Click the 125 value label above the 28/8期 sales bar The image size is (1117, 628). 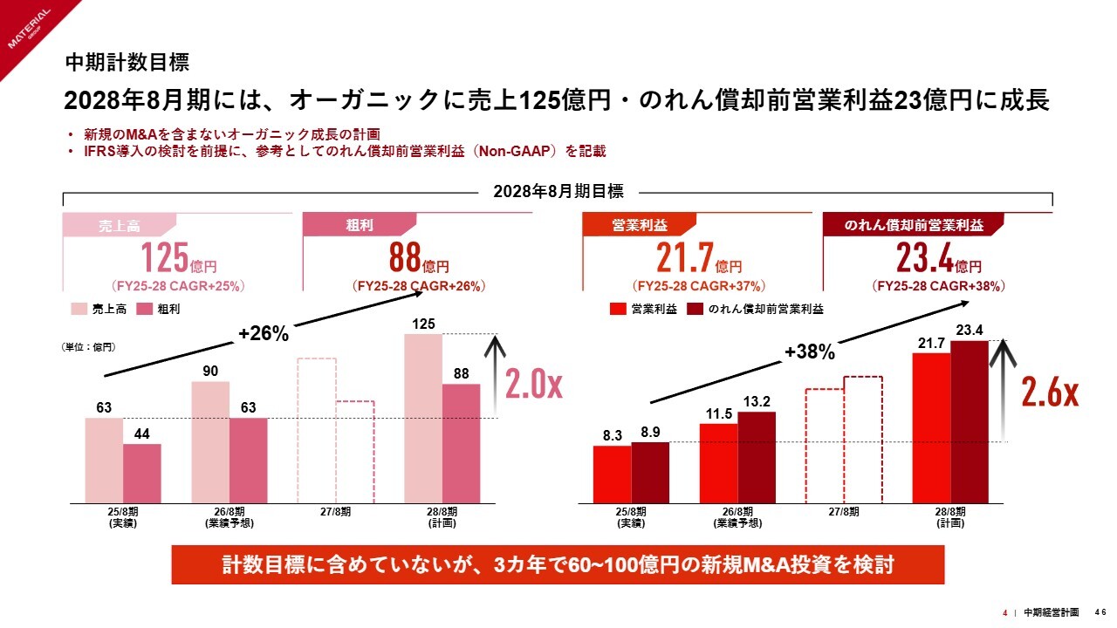click(x=424, y=325)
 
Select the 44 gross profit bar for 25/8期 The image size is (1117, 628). click(x=142, y=474)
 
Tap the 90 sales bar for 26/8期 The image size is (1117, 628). click(x=210, y=442)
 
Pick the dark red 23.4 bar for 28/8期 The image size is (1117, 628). click(x=970, y=422)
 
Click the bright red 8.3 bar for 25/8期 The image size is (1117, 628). click(x=612, y=474)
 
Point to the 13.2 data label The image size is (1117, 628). click(x=756, y=402)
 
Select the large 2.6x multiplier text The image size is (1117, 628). click(x=1050, y=394)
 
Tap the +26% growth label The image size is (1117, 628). click(x=264, y=333)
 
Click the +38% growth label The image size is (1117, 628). click(x=809, y=352)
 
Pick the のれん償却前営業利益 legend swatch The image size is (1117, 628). click(x=696, y=309)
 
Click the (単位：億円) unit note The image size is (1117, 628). click(x=89, y=347)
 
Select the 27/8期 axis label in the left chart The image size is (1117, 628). click(x=336, y=512)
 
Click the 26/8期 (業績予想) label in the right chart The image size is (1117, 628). click(x=737, y=517)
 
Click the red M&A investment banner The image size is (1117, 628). click(x=558, y=565)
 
